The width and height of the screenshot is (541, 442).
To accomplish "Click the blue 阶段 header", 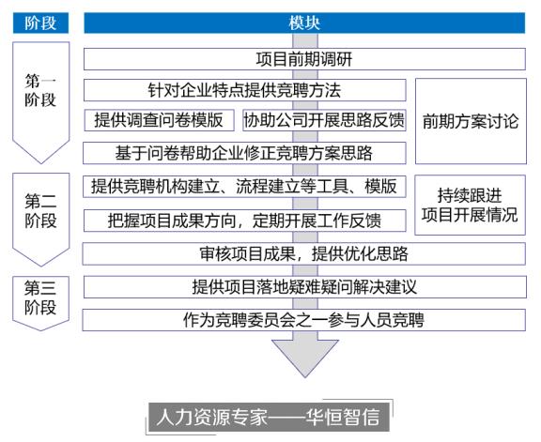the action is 40,23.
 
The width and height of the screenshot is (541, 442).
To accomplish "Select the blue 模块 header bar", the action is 304,23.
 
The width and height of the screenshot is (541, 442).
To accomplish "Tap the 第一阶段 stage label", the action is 40,90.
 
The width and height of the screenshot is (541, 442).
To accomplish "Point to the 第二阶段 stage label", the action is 40,211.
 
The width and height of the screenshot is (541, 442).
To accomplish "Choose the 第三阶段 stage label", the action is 40,297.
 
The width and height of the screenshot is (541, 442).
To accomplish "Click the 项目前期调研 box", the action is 304,59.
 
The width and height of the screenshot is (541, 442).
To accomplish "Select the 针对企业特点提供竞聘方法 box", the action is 244,90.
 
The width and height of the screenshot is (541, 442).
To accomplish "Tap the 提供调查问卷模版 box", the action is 159,120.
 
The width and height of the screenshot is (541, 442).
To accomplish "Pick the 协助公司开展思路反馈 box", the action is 324,120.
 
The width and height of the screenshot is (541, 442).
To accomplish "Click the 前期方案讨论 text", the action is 471,121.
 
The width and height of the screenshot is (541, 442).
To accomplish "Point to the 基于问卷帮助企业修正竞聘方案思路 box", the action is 244,153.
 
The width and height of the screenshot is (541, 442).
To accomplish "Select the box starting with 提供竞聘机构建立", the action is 244,187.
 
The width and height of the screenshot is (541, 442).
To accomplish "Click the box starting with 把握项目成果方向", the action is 244,221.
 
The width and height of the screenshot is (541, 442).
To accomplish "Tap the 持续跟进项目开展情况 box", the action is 470,205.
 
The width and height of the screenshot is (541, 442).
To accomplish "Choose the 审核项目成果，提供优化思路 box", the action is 303,253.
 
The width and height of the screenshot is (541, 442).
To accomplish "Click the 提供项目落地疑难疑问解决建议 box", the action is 304,287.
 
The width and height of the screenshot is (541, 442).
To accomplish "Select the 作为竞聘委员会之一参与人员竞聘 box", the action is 303,320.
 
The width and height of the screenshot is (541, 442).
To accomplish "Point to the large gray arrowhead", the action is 305,357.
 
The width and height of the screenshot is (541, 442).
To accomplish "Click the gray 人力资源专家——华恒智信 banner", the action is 269,417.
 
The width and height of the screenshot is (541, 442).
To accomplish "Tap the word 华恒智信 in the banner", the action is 342,417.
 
